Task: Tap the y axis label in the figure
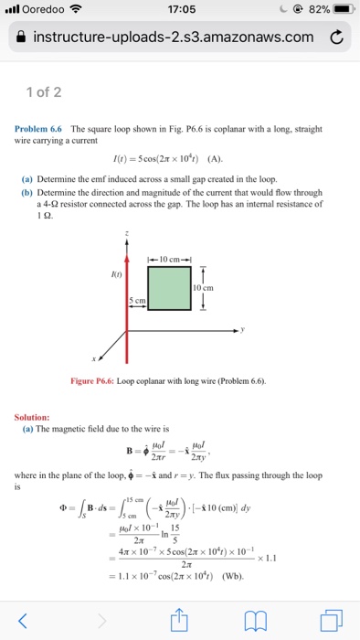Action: (x=244, y=329)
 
